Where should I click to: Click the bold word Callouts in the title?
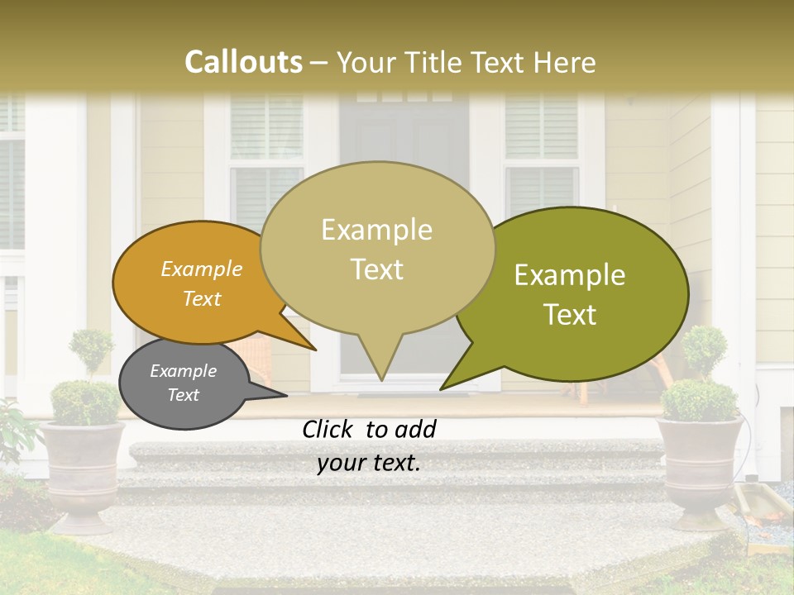point(243,62)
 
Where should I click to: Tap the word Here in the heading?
point(565,63)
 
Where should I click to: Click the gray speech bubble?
point(184,384)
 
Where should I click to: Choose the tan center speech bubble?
point(377,248)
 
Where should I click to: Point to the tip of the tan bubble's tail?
point(381,380)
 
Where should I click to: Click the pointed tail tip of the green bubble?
point(441,389)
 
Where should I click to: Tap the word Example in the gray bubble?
point(184,371)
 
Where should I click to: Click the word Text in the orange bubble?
point(202,298)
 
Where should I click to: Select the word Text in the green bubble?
point(571,315)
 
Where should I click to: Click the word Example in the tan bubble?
point(377,230)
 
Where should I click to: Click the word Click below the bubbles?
point(328,429)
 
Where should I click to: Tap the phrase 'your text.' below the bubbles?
point(368,464)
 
